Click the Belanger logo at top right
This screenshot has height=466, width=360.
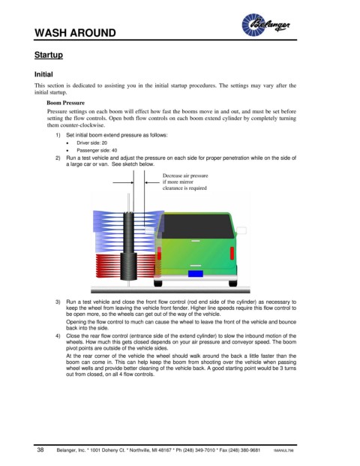click(x=265, y=25)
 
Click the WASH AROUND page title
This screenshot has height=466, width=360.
click(x=75, y=33)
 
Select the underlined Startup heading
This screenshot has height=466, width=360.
click(x=49, y=55)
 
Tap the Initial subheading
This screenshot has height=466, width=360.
click(x=43, y=74)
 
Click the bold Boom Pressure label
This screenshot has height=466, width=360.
click(x=66, y=103)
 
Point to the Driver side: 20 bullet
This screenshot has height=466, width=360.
click(x=91, y=143)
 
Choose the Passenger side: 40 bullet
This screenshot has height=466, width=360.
click(x=97, y=150)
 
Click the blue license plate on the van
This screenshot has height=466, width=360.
click(x=196, y=274)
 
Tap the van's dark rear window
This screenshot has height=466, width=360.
click(x=196, y=226)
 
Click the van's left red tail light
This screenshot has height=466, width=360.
click(x=159, y=253)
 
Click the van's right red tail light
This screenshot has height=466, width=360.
click(x=232, y=253)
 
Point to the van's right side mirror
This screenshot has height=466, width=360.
click(x=241, y=230)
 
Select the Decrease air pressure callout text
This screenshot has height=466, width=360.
click(x=185, y=182)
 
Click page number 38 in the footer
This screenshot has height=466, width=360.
click(x=40, y=449)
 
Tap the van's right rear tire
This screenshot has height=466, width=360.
click(x=232, y=283)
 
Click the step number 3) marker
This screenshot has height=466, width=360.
click(x=58, y=302)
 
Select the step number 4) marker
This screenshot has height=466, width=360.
click(x=58, y=336)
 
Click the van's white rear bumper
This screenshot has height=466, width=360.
click(x=196, y=278)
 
